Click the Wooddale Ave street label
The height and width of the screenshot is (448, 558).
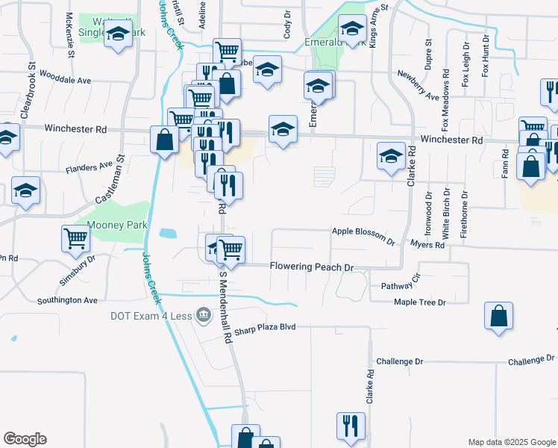click(65, 80)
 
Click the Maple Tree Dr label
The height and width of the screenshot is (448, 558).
click(419, 302)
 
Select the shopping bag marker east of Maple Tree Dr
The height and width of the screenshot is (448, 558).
click(498, 315)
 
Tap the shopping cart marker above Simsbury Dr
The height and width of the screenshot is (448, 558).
click(75, 238)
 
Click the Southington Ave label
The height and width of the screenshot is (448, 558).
click(68, 301)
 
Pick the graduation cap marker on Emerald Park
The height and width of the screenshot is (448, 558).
click(351, 30)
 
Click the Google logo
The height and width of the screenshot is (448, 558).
click(24, 439)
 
